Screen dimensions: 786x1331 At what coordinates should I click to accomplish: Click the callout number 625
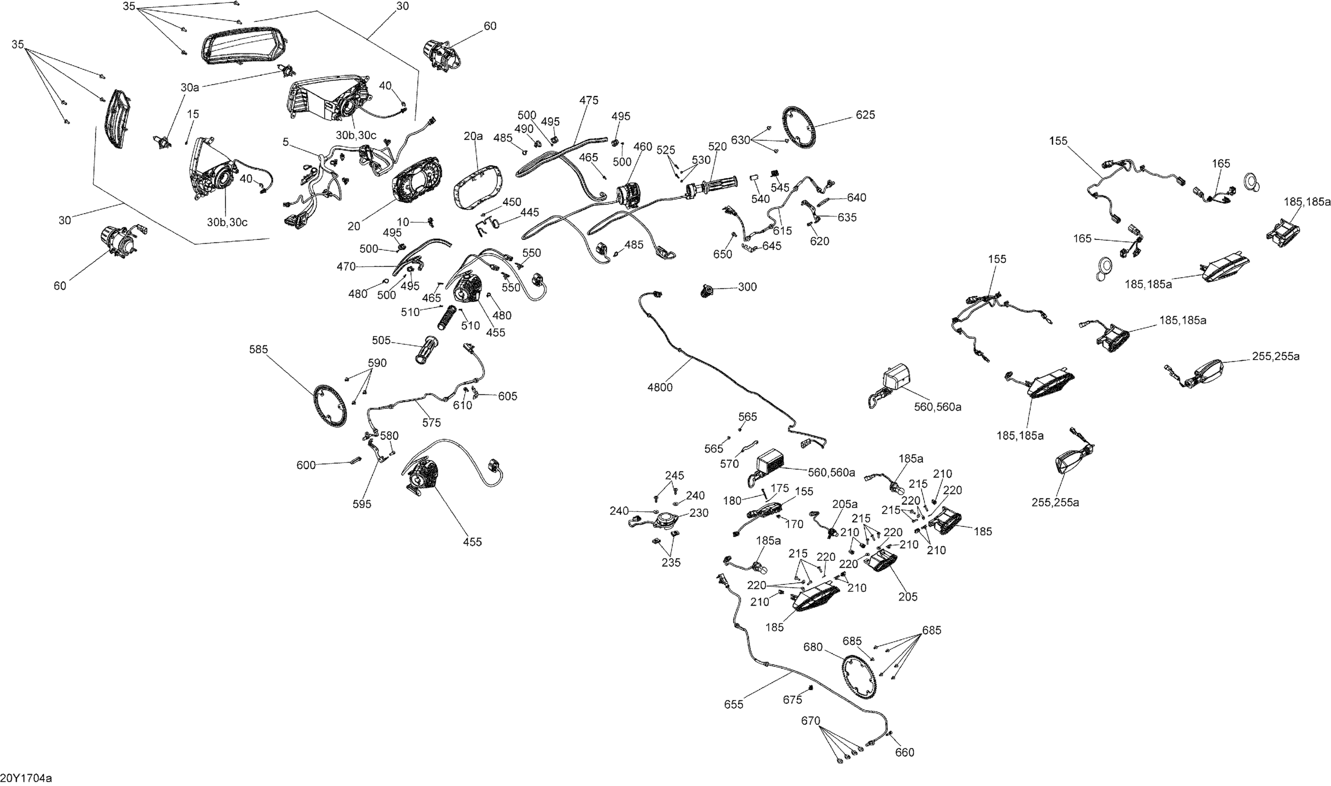(x=866, y=115)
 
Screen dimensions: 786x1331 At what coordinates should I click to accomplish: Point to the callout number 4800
(x=659, y=387)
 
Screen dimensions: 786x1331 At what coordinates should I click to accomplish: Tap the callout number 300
(x=747, y=287)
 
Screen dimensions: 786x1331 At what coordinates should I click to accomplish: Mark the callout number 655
(x=733, y=704)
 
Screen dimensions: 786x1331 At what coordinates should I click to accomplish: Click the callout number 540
(x=760, y=199)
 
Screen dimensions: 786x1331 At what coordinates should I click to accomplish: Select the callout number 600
(x=306, y=465)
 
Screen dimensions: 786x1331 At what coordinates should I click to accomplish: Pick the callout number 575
(x=431, y=423)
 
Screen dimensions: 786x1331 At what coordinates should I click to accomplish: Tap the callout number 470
(x=346, y=267)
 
